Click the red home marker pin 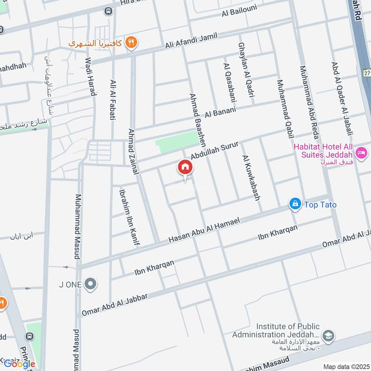pyautogui.click(x=185, y=168)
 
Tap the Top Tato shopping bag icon pyautogui.click(x=294, y=204)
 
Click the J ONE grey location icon pyautogui.click(x=91, y=284)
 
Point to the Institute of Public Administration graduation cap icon pyautogui.click(x=328, y=336)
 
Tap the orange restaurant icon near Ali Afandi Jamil pyautogui.click(x=132, y=42)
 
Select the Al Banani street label pyautogui.click(x=220, y=112)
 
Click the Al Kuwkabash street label pyautogui.click(x=250, y=177)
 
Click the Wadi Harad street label pyautogui.click(x=91, y=77)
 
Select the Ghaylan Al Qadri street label pyautogui.click(x=246, y=70)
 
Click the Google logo pyautogui.click(x=19, y=364)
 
